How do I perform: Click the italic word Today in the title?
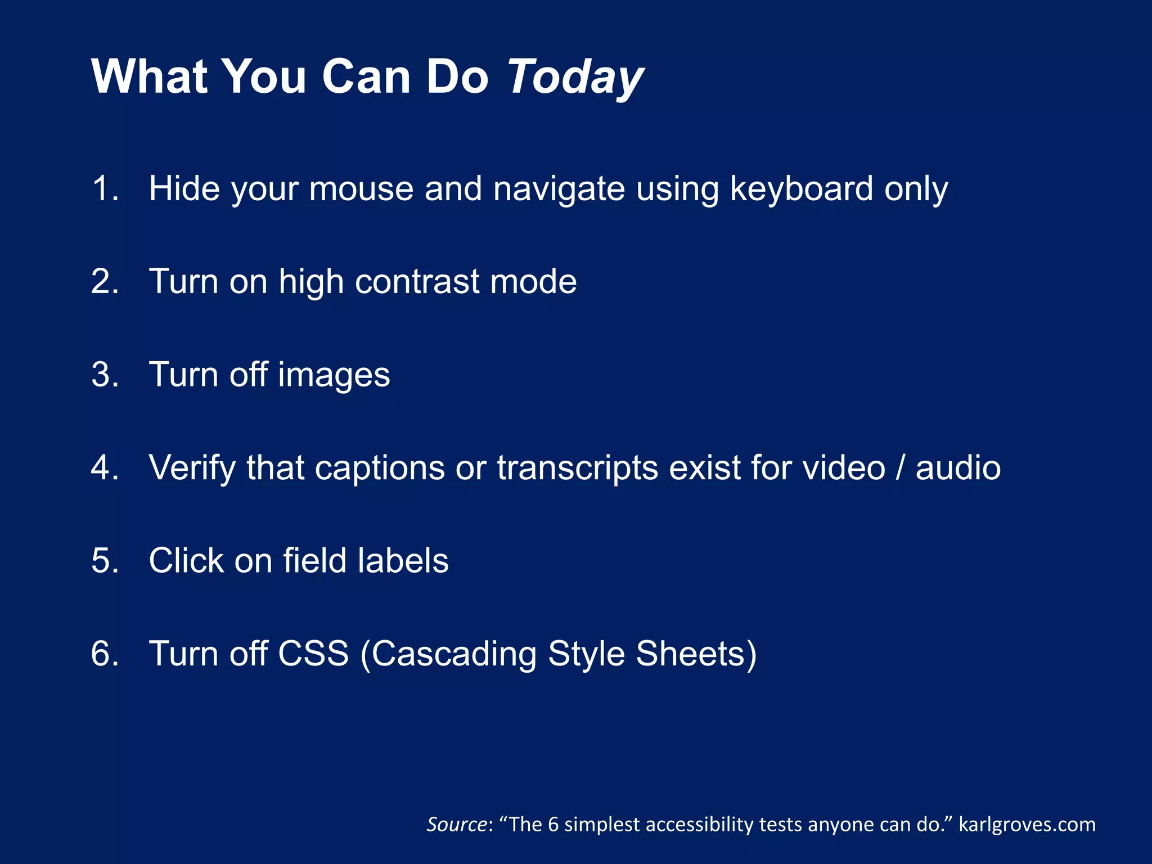pos(575,77)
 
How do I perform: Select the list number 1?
pos(105,188)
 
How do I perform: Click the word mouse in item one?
pos(361,188)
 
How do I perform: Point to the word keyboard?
pos(801,188)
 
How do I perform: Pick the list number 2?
pos(105,281)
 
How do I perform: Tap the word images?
pos(334,375)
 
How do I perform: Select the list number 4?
pos(105,467)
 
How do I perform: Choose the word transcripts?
pos(578,467)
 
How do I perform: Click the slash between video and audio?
pos(901,467)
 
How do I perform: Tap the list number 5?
pos(105,560)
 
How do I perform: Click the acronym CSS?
pos(313,654)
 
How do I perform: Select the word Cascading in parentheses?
pos(454,654)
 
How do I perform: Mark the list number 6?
pos(105,654)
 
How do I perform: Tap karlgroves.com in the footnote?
pos(1027,825)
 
